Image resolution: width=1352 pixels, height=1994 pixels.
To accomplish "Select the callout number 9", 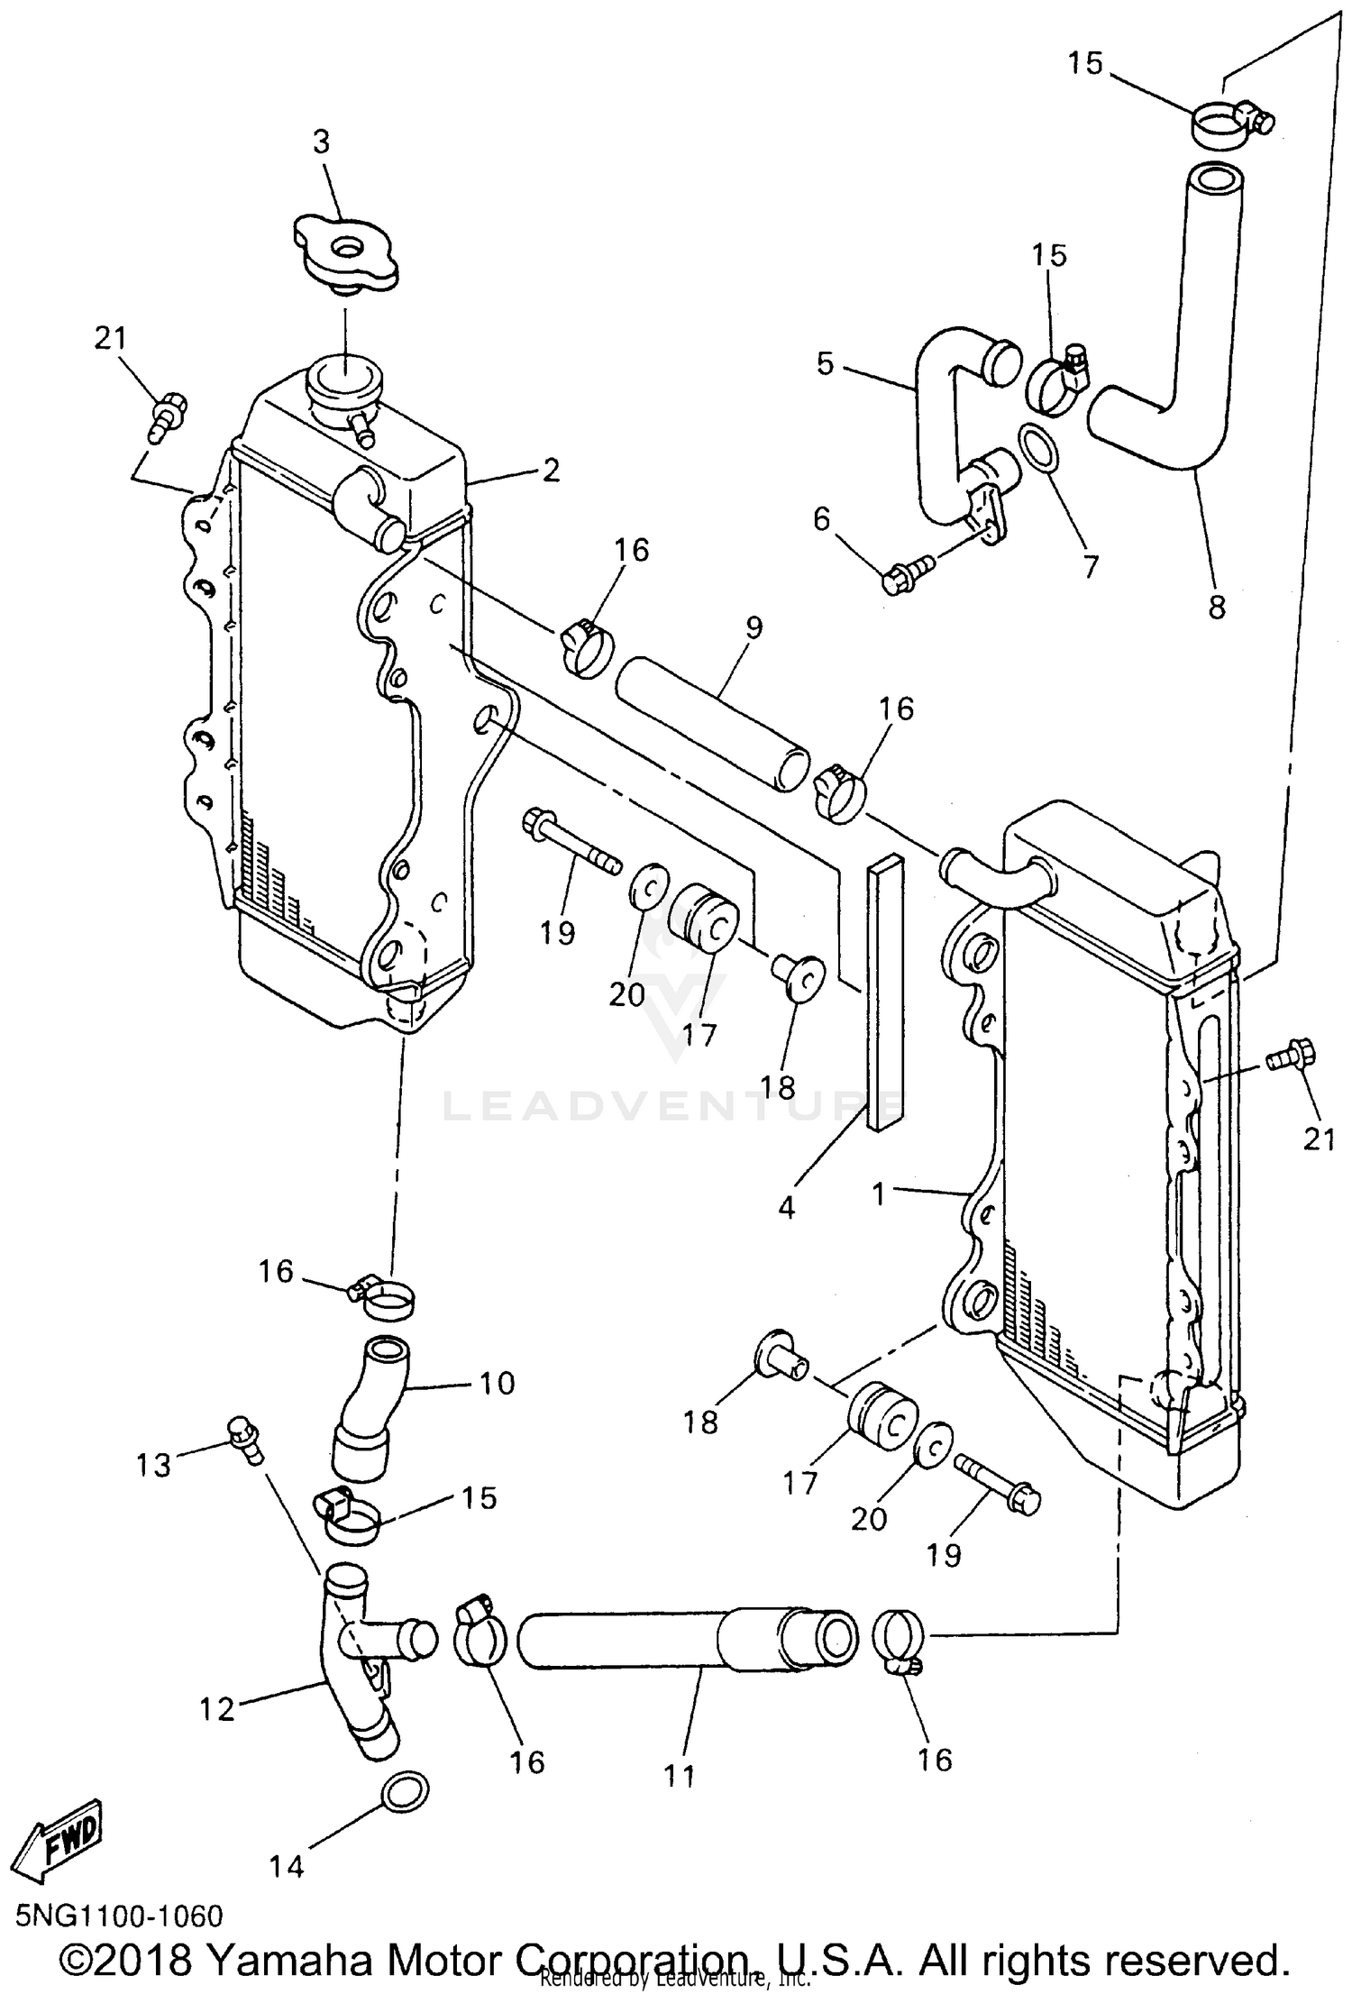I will [754, 627].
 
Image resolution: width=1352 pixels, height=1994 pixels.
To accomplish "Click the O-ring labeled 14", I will [406, 1790].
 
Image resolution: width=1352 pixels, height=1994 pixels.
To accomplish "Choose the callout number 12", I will [216, 1708].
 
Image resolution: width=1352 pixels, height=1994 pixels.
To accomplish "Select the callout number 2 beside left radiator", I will [551, 470].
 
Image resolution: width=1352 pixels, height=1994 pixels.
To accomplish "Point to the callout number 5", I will [826, 364].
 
